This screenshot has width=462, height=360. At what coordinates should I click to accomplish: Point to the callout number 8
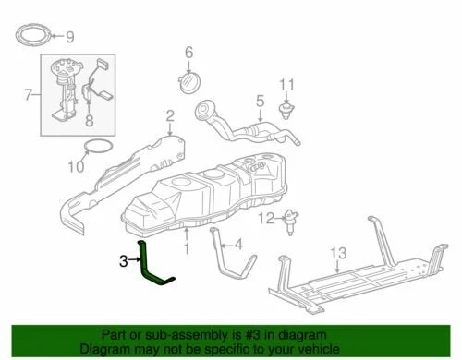pos(90,120)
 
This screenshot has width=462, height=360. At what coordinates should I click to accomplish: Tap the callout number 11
pos(287,87)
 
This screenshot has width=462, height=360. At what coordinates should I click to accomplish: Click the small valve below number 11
pos(286,114)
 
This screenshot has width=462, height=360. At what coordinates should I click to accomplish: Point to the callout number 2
pos(170,114)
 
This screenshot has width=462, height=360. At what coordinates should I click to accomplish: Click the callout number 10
pos(75,167)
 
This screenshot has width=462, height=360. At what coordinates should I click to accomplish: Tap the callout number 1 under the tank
pos(186,248)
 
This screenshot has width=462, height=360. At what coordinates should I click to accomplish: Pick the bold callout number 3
pos(122,261)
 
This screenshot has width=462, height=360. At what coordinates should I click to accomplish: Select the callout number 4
pos(237,246)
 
